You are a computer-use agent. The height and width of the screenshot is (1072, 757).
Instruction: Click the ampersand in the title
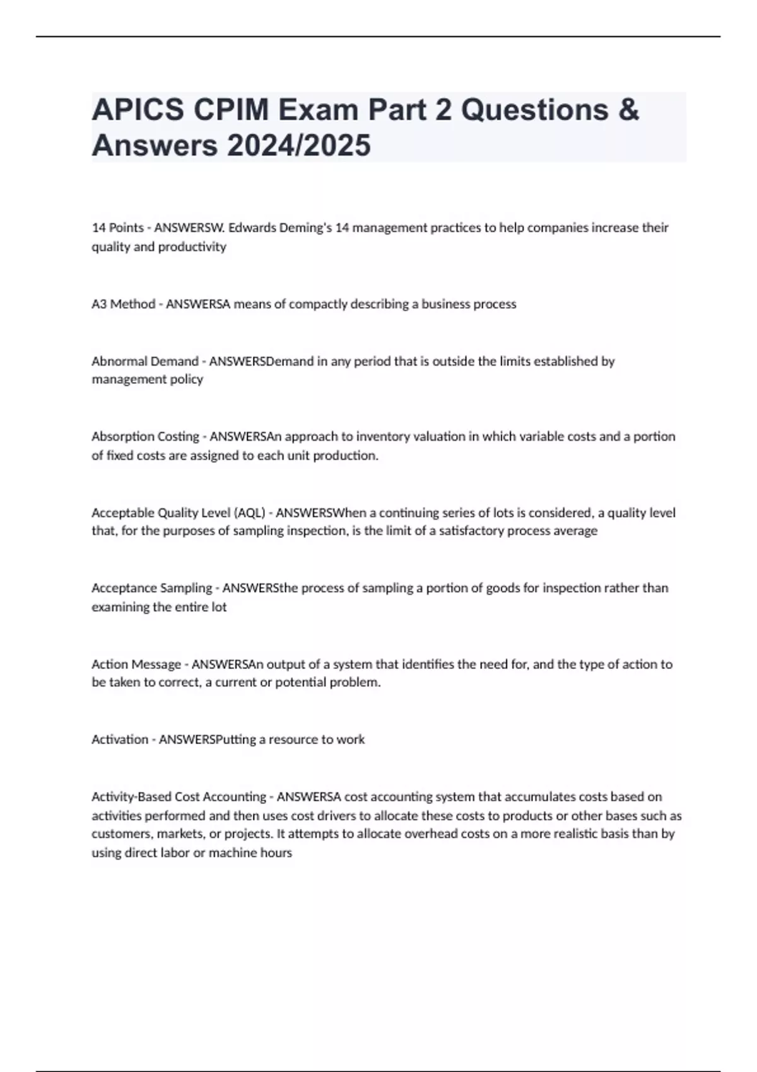(629, 110)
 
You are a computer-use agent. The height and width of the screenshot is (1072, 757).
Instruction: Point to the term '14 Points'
(117, 228)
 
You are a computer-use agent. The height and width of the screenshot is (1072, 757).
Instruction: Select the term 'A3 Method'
(124, 304)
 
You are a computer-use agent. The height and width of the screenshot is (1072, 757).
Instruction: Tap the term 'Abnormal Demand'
(145, 361)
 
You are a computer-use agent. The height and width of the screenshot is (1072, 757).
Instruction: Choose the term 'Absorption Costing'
(145, 436)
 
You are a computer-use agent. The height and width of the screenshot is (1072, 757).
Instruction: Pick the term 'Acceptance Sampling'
(151, 588)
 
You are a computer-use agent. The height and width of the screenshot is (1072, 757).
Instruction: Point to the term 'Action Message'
(136, 664)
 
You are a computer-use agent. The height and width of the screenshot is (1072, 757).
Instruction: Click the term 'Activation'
(120, 739)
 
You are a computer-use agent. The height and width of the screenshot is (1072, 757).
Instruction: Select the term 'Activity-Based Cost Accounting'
(179, 796)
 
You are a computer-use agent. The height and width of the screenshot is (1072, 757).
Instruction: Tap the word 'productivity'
(192, 247)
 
